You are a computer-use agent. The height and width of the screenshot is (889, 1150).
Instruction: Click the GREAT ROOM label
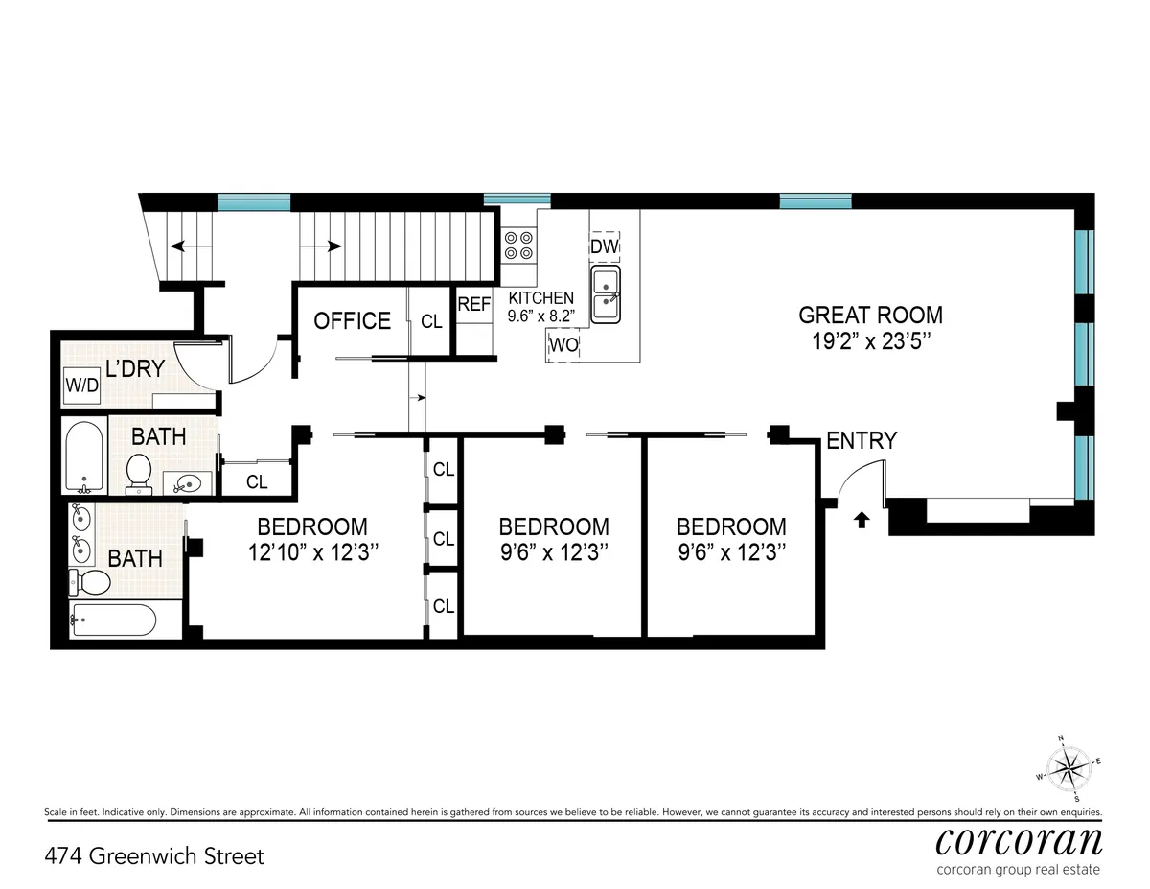[x=870, y=315]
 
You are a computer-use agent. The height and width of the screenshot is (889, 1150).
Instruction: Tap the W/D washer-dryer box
[x=80, y=385]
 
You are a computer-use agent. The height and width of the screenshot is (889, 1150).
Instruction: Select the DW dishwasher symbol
[x=605, y=247]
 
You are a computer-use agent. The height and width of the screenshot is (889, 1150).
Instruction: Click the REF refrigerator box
[x=474, y=305]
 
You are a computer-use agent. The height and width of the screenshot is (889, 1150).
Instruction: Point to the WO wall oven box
[x=564, y=345]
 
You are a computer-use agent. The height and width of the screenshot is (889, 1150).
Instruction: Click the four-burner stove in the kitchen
[x=519, y=245]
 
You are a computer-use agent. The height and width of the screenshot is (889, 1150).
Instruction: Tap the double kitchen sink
[x=606, y=294]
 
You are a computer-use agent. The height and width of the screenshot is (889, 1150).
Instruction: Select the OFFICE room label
[x=353, y=320]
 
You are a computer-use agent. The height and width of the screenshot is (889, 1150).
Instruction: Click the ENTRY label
[x=862, y=440]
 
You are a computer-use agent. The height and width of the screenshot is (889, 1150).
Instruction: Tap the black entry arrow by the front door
[x=861, y=520]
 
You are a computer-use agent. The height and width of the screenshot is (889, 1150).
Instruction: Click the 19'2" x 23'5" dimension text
[x=870, y=341]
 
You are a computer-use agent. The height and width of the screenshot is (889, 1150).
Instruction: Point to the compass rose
[x=1068, y=767]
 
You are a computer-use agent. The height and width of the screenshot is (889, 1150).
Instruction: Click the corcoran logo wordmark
[x=1017, y=841]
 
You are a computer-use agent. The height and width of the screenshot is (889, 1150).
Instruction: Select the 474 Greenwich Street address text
[x=154, y=855]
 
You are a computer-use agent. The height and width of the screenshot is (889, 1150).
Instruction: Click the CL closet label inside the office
[x=431, y=322]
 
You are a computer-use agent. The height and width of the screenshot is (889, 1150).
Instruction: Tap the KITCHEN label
[x=540, y=298]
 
